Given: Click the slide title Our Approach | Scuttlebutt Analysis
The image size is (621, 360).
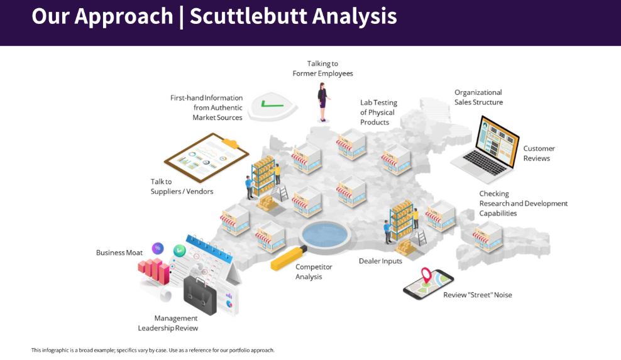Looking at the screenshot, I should tap(214, 16).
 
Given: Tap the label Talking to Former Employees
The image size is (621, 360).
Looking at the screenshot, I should tap(322, 68).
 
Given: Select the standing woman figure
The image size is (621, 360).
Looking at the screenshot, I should tap(323, 102).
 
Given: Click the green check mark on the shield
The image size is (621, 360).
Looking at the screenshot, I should tap(272, 104).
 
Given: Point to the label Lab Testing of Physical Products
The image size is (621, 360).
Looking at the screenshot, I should tap(378, 112).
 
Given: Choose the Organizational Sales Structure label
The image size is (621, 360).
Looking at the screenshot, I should tap(478, 97).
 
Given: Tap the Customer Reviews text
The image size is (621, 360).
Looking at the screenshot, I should tap(539, 154).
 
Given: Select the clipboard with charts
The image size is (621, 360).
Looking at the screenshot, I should tap(206, 157).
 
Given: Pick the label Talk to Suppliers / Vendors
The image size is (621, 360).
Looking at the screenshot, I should tap(182, 187).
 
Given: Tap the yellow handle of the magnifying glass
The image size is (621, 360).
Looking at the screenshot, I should tap(287, 258).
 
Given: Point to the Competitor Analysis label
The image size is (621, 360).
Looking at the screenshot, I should tap(314, 272).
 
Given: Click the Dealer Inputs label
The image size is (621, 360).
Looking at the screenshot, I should tap(380, 261).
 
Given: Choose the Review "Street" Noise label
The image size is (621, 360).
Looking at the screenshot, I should tap(477, 295).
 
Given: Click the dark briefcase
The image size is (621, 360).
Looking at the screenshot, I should tap(200, 296).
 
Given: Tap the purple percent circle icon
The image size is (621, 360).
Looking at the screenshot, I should tap(157, 248).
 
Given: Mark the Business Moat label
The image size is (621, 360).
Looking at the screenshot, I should tap(119, 253).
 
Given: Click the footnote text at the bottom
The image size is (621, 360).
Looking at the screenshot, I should tap(153, 351).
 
